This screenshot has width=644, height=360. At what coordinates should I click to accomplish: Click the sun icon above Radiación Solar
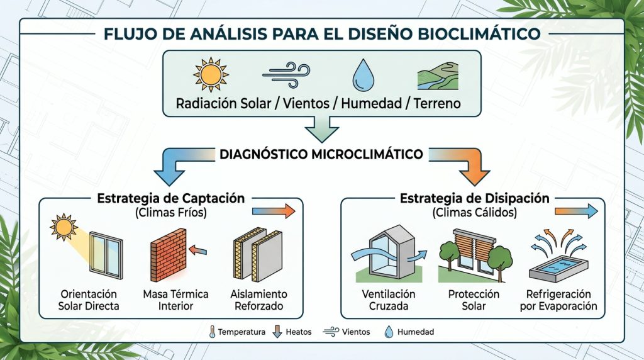coord(211,75)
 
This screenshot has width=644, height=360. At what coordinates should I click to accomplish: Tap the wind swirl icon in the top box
coord(286,75)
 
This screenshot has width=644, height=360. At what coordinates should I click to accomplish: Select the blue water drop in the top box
coord(364,75)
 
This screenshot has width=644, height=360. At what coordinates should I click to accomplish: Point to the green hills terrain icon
coord(438,76)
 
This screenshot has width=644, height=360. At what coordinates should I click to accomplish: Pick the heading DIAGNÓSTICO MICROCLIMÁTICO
coord(321,155)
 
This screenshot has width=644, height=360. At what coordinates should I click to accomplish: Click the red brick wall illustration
coord(168,255)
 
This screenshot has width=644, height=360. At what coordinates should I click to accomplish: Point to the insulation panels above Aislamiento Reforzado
coord(257,255)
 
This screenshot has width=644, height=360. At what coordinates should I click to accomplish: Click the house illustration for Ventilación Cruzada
coord(388,254)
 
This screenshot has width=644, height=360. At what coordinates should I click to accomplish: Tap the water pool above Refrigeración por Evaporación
coord(558,269)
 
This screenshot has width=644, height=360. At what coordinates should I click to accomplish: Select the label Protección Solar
coord(474,300)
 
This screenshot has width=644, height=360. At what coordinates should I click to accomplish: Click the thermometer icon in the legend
coord(212,332)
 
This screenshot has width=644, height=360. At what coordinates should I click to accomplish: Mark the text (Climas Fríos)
coord(171,213)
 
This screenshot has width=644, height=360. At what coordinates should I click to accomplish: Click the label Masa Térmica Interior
coord(176,300)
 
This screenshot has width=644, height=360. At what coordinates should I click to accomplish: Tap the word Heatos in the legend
coord(299,332)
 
